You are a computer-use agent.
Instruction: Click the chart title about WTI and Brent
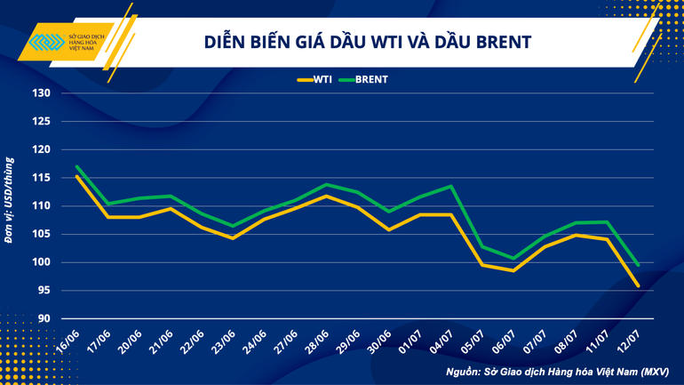368,42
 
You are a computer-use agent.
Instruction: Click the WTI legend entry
316,79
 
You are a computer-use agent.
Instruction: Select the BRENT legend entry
365,79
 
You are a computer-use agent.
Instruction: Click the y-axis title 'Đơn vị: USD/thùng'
10,200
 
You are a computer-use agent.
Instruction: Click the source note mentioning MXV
557,371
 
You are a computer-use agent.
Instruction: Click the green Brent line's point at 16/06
76,166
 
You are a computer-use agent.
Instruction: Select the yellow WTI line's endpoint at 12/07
638,285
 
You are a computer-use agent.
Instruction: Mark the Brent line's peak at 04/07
451,186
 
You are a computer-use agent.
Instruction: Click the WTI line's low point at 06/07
513,270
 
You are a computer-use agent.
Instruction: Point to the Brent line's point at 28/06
326,185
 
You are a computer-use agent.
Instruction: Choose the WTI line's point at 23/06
233,238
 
